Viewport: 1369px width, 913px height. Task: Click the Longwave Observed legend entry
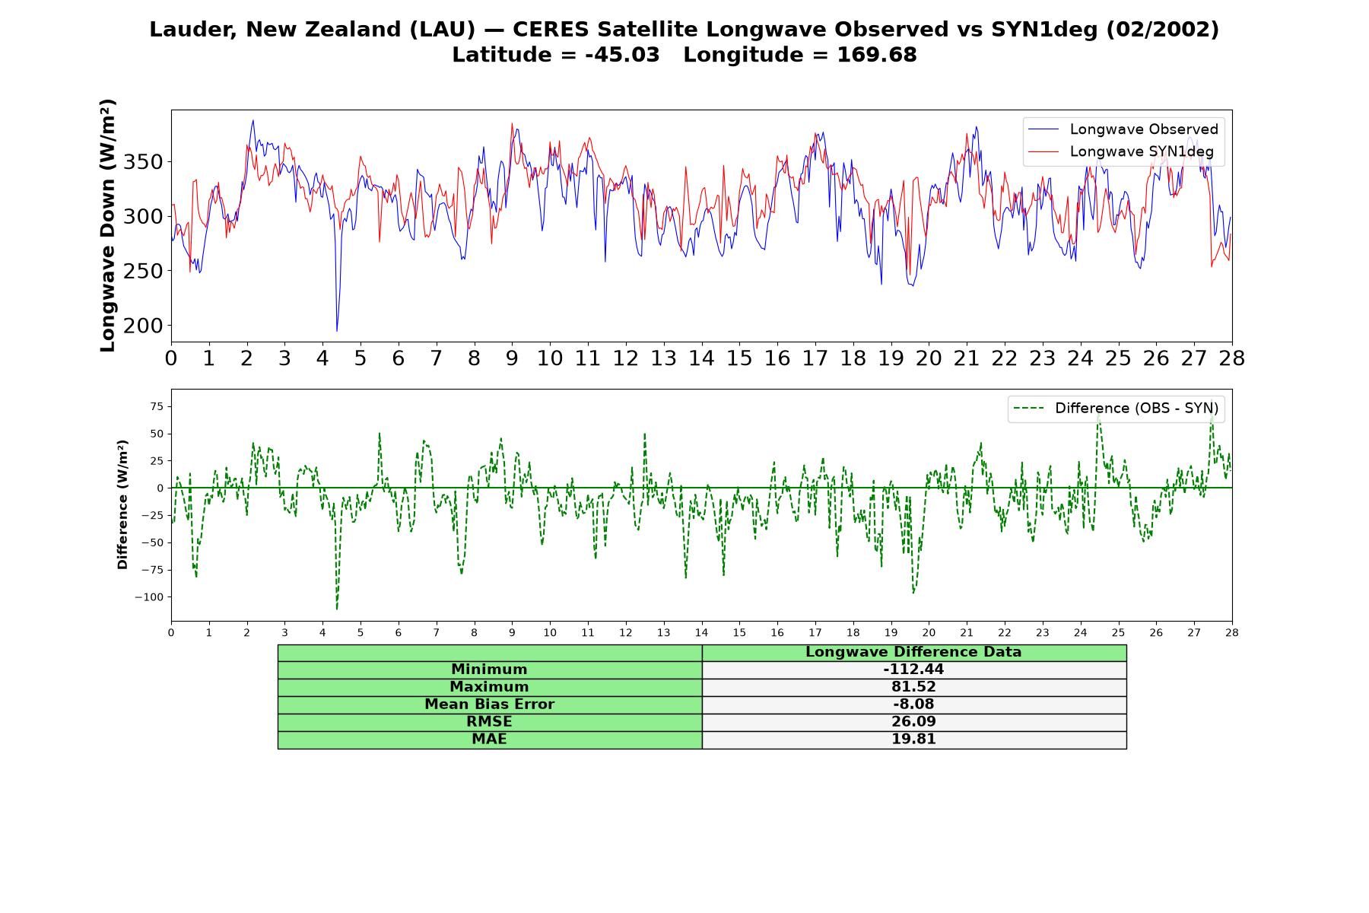click(1123, 129)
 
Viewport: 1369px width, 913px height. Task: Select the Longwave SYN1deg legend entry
click(1121, 151)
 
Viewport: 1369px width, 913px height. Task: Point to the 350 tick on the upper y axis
click(144, 162)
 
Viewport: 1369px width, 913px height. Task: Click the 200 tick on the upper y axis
click(144, 326)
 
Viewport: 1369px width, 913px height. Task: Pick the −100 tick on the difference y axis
click(149, 597)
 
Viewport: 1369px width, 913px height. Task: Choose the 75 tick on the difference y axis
click(157, 407)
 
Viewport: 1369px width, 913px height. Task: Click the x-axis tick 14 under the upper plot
click(701, 358)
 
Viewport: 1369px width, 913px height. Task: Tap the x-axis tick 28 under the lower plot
click(1232, 632)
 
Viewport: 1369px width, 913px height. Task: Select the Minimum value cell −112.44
click(913, 670)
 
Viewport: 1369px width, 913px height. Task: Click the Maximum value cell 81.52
click(913, 687)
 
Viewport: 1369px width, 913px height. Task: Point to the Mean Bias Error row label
click(489, 705)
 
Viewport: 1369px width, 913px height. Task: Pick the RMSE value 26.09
click(913, 722)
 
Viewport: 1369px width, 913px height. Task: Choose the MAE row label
click(489, 740)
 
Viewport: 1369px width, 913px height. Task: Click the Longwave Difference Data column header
click(913, 652)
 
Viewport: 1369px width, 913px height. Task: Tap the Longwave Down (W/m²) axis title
click(108, 225)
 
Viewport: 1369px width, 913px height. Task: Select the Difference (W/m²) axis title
click(122, 504)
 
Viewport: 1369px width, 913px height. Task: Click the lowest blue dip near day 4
click(337, 330)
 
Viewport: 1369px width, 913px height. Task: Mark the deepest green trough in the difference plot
click(337, 609)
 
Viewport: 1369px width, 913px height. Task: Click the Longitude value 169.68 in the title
click(877, 55)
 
